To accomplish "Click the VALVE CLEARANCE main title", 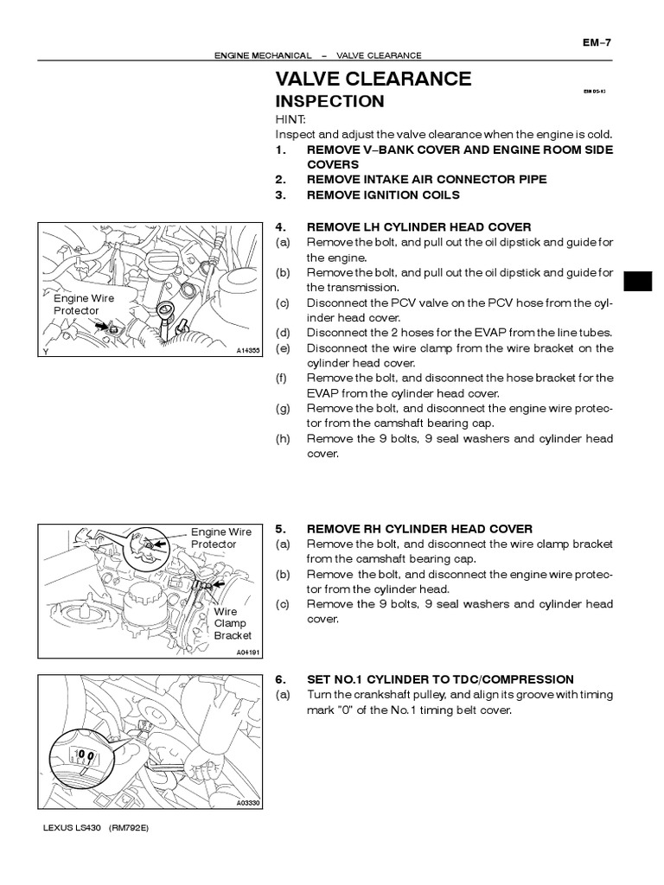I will tap(373, 80).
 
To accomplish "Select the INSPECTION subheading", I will tap(329, 101).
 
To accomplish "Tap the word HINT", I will tap(290, 120).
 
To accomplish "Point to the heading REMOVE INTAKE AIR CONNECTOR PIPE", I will tap(426, 179).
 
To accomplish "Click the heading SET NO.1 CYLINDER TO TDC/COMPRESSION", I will tap(439, 679).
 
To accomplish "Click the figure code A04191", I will tap(247, 652).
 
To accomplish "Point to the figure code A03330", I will tap(247, 803).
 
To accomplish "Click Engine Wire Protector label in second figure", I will tap(214, 538).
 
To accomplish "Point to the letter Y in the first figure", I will tap(44, 352).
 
